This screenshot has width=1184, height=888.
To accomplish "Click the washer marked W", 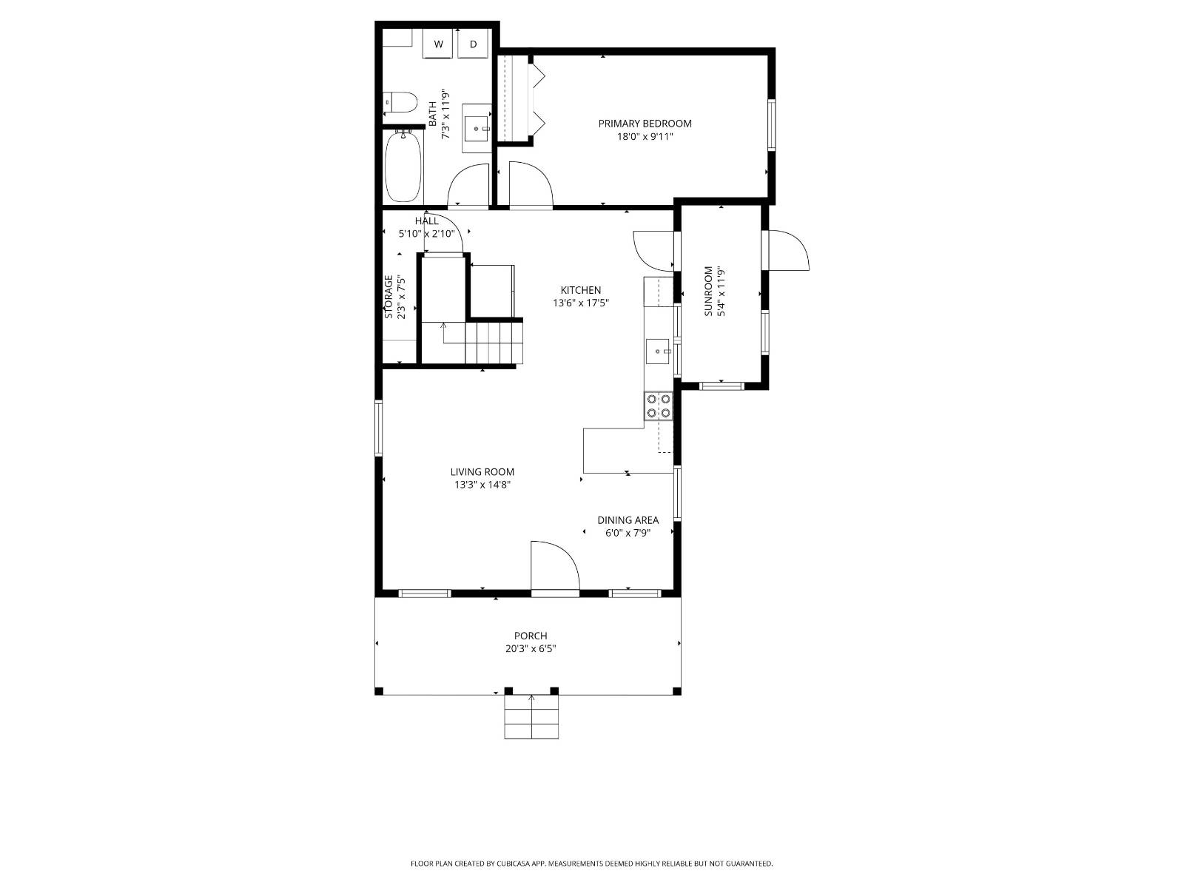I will pos(438,44).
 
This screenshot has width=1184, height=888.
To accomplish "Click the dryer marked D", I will pos(473,44).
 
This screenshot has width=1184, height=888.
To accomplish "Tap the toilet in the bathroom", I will pos(400,101).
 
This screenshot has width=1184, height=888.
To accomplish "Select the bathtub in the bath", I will pos(403,166).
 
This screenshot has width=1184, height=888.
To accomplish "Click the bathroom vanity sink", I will pos(477,128).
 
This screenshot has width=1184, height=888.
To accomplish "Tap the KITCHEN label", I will pos(580,290).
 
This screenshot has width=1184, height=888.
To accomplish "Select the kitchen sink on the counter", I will pos(658,352).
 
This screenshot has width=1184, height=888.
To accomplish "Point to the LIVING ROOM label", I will pos(482,472).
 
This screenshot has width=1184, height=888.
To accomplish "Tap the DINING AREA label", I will pos(628,520).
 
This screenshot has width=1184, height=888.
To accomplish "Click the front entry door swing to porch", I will pos(554,567).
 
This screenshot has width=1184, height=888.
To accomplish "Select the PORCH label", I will pos(531,636).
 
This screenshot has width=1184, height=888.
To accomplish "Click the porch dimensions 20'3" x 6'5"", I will pos(531,649).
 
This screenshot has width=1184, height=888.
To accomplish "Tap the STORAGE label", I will pos(388,297).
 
